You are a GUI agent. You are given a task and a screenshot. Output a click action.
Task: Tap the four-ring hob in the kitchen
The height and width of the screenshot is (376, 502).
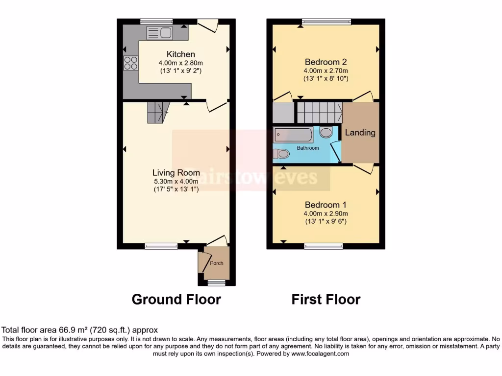[x=131, y=64]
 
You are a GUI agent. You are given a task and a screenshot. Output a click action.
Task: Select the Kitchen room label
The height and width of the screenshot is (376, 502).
[x=181, y=54]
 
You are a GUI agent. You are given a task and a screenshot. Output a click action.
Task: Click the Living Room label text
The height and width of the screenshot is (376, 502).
[x=176, y=172]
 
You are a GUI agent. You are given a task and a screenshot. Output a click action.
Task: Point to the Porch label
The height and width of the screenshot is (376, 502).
[x=217, y=263]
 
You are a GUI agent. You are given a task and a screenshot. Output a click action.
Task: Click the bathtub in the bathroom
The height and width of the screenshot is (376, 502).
[x=293, y=133]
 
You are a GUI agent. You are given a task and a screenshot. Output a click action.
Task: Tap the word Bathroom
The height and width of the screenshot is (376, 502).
[x=308, y=148]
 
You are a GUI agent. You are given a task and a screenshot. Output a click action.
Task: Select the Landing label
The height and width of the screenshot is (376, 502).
[x=360, y=133]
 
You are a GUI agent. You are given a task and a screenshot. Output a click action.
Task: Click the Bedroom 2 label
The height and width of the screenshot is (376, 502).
[x=326, y=62]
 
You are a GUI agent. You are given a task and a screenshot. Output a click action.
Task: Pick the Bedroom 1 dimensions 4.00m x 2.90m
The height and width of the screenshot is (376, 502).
[x=326, y=213]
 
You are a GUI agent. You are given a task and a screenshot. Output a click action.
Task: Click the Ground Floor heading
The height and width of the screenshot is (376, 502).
[x=176, y=299]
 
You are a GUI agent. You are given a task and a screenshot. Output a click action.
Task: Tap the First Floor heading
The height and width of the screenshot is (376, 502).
[x=326, y=299]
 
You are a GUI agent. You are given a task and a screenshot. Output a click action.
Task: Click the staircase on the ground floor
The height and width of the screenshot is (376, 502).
[x=157, y=113]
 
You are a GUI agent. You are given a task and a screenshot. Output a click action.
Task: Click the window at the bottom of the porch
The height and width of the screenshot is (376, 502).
[x=216, y=282]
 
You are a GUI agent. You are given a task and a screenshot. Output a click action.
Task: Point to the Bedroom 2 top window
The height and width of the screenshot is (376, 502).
[x=326, y=22]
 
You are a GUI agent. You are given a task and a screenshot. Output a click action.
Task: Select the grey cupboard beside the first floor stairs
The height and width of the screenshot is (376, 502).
[x=282, y=113]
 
